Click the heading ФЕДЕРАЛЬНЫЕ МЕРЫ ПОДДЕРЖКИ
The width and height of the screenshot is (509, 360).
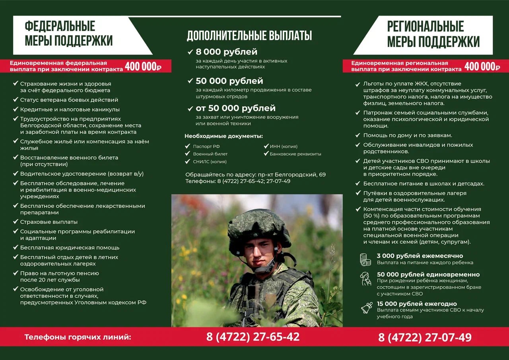click(x=68, y=33)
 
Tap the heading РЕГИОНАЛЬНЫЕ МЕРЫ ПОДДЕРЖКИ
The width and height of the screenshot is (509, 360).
click(x=433, y=34)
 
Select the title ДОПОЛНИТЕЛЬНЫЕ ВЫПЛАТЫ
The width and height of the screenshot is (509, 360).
click(x=249, y=36)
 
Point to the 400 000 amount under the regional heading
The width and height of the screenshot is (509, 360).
click(x=482, y=66)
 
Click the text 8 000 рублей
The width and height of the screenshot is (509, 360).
click(x=226, y=52)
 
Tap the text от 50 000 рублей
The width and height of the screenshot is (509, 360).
click(x=235, y=108)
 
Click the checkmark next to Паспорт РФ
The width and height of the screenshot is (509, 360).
click(x=188, y=146)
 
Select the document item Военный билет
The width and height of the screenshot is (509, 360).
click(x=210, y=154)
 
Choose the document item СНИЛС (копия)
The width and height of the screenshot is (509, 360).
click(x=210, y=162)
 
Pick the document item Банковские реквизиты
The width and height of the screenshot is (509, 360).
click(x=295, y=154)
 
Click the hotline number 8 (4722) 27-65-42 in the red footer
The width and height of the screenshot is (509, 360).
click(x=253, y=337)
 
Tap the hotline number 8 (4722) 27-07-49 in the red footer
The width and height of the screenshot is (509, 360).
click(x=425, y=338)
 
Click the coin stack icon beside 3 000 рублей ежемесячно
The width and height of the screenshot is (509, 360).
click(x=365, y=259)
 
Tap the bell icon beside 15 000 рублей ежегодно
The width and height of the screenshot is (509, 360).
click(x=366, y=307)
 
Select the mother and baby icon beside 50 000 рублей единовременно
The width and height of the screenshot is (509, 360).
click(x=365, y=279)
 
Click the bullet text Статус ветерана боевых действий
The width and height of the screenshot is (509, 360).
click(x=69, y=100)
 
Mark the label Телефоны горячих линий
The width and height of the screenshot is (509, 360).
click(x=78, y=337)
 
